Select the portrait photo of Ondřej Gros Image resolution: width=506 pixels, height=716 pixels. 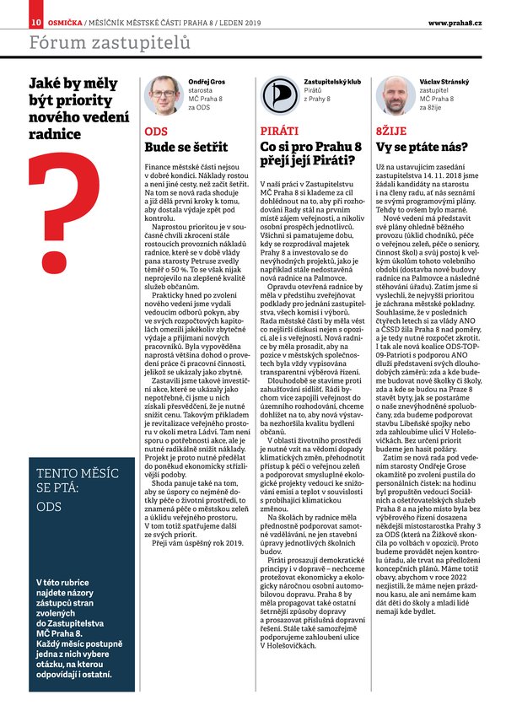pos(163,94)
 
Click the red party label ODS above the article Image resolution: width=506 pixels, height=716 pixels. pos(156,132)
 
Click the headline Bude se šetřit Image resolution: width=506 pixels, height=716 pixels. pos(186,147)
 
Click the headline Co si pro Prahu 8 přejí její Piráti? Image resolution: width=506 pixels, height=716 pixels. pos(315,154)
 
